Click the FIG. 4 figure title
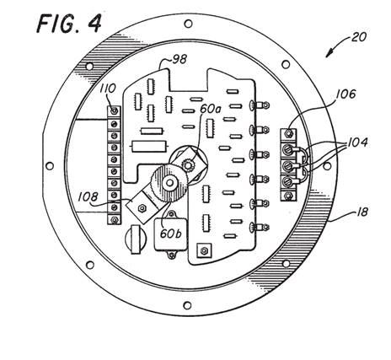click(69, 23)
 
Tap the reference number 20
click(358, 37)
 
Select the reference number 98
click(179, 60)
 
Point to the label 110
click(108, 89)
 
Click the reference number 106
click(346, 94)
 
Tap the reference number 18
click(362, 212)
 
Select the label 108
click(88, 197)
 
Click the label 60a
click(211, 109)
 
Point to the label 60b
click(170, 234)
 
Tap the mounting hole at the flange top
click(188, 24)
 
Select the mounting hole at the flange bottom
click(187, 305)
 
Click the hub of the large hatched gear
click(169, 183)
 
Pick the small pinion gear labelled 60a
click(188, 164)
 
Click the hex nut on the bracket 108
click(141, 208)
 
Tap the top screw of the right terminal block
click(288, 133)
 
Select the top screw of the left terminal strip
click(114, 111)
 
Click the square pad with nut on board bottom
click(204, 250)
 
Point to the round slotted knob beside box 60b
click(136, 239)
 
